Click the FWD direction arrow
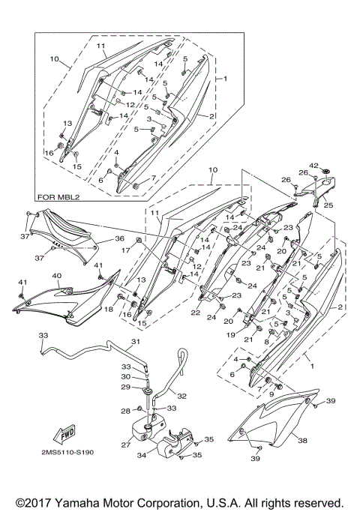point(64,434)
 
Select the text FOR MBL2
point(58,197)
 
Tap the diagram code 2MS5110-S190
point(67,452)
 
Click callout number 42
point(314,166)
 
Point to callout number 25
point(328,205)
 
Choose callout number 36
point(119,238)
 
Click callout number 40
point(56,276)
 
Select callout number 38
point(303,441)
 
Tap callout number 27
point(126,445)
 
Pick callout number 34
point(142,454)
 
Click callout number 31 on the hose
point(136,342)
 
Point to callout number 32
point(181,396)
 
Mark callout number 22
point(195,313)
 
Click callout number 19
point(231,334)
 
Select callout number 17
point(126,250)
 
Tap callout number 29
point(126,387)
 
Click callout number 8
point(266,342)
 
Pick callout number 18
point(108,310)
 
